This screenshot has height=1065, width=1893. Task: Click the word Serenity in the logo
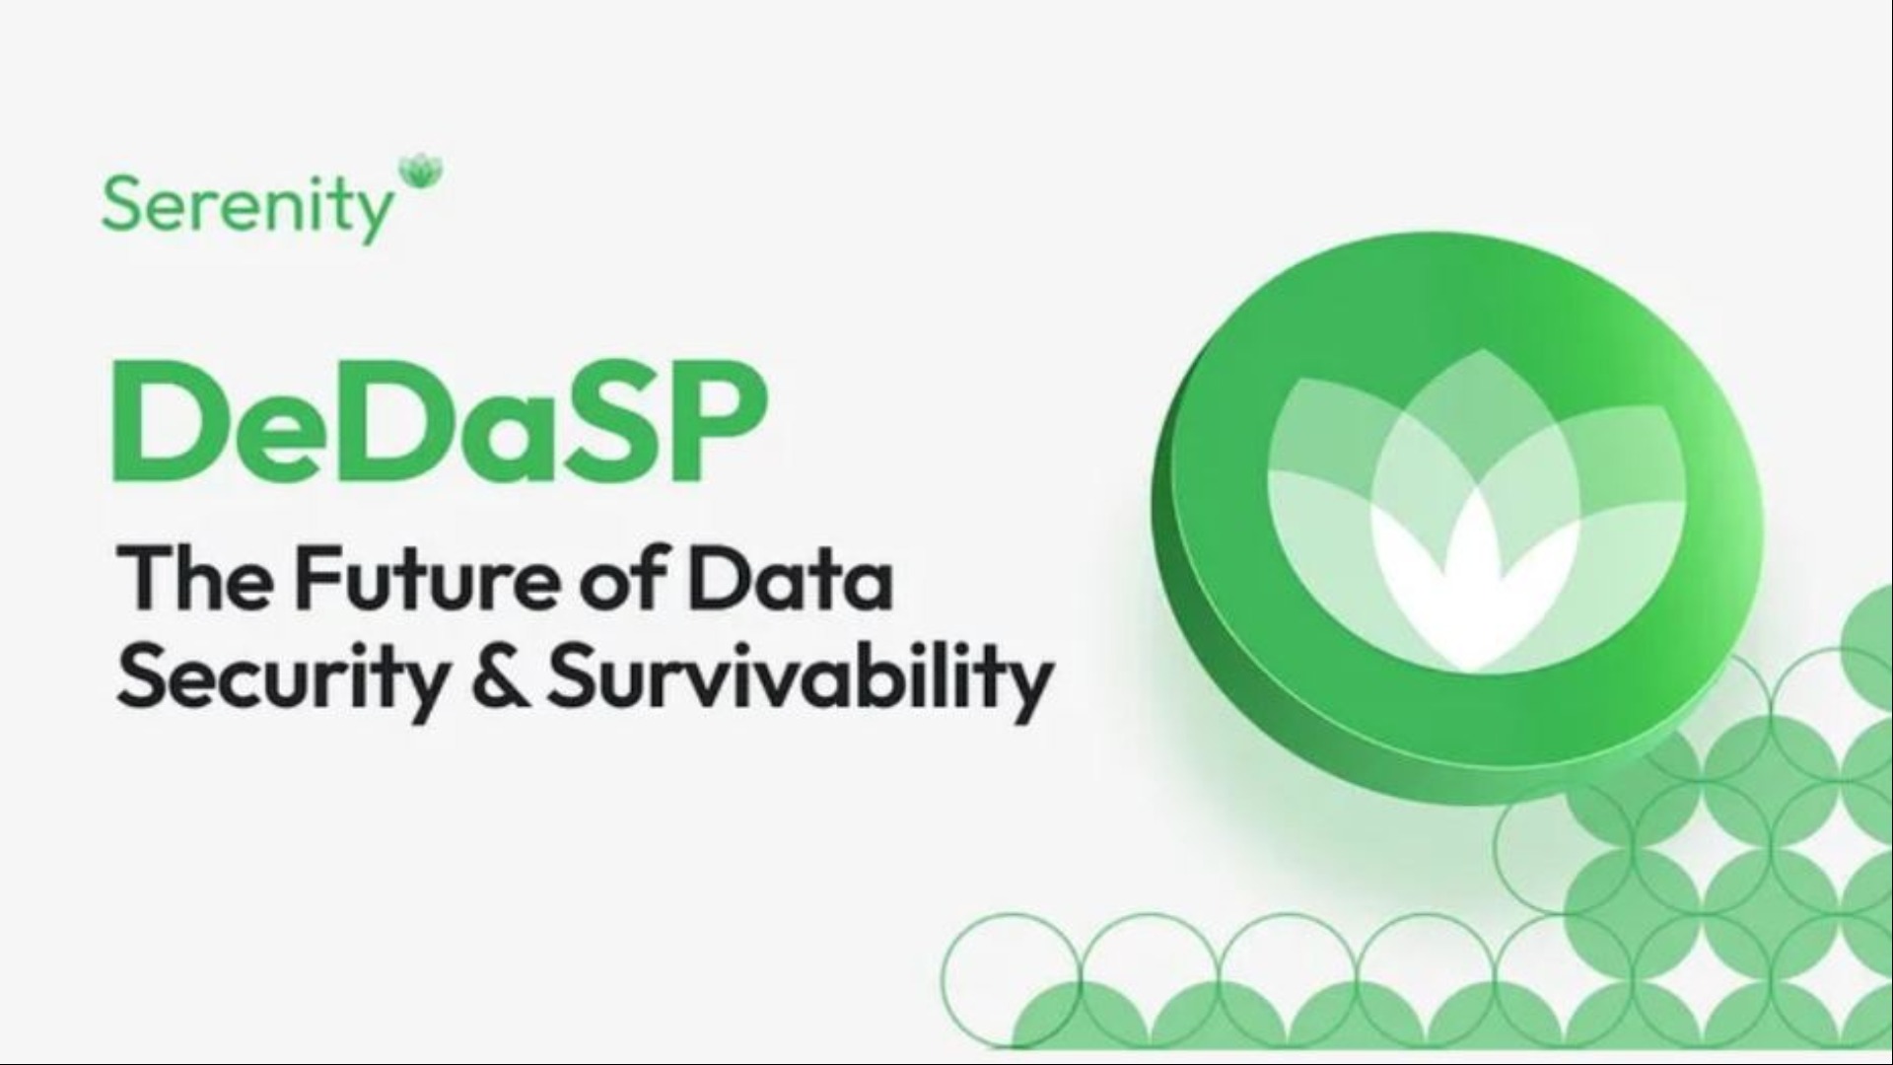pos(246,207)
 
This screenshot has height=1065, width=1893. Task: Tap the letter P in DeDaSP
pos(704,422)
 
